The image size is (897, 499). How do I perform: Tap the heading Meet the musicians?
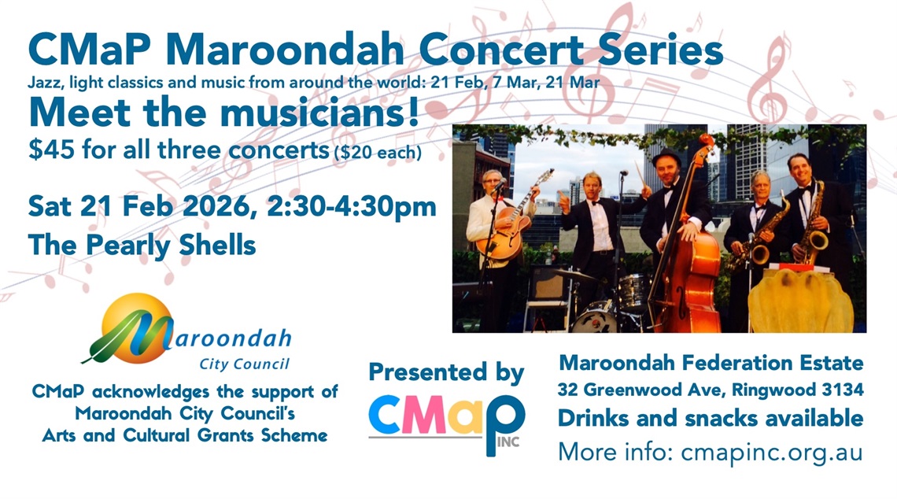point(223,112)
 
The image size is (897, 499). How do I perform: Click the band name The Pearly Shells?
point(142,244)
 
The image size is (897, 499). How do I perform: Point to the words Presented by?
point(446,371)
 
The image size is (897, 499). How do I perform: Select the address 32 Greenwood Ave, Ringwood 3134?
point(711,390)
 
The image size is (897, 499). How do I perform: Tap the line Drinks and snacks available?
point(711,419)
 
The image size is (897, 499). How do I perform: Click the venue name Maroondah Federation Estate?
point(711,363)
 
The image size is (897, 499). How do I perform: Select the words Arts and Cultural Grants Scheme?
point(186,435)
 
